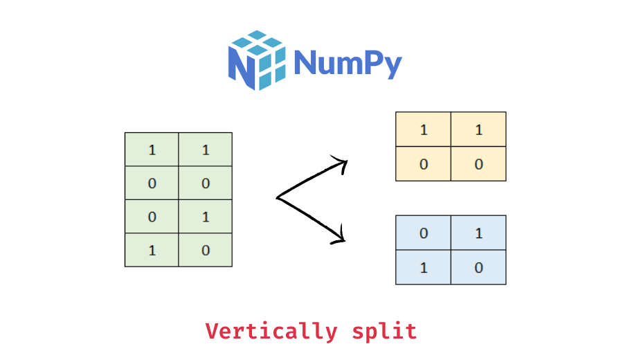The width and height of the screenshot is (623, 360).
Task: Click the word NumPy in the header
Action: pos(347,63)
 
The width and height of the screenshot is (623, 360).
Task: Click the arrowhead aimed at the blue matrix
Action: pos(339,237)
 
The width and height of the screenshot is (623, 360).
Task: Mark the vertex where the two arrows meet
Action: pos(278,198)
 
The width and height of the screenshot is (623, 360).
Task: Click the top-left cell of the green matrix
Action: pos(152,150)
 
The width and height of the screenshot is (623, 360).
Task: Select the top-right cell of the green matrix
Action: pos(206,150)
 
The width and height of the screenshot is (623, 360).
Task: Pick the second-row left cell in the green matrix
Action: pos(152,183)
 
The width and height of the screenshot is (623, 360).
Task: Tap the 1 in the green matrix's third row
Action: pos(206,217)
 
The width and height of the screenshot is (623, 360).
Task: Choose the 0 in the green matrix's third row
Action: pos(152,217)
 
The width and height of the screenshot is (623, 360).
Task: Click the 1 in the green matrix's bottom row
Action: pos(152,251)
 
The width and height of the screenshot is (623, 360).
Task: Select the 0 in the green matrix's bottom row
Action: pos(206,251)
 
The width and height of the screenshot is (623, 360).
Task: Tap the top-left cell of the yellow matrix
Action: pos(423,129)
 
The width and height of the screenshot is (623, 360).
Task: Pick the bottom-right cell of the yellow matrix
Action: pos(478,164)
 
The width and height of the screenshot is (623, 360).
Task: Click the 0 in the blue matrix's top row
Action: pos(423,233)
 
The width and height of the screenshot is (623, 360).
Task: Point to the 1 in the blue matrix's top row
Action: pos(478,233)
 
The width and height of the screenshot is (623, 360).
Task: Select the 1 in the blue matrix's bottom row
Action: pos(423,267)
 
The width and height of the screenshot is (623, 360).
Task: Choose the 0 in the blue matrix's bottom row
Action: pos(478,267)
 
